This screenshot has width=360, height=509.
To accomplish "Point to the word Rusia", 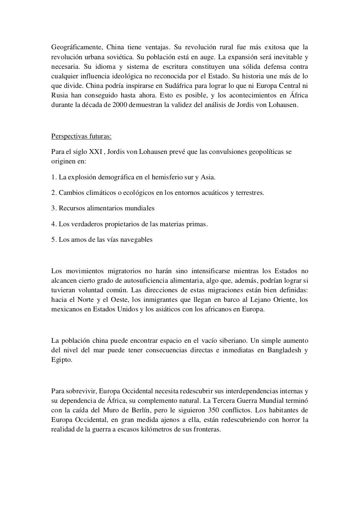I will tap(60, 95).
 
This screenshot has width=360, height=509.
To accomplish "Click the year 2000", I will tap(120, 105).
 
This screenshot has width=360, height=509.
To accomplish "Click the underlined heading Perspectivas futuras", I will tap(81, 136).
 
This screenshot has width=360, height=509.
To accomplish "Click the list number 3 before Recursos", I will tap(53, 208).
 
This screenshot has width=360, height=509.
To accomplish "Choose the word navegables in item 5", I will tap(137, 239).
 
